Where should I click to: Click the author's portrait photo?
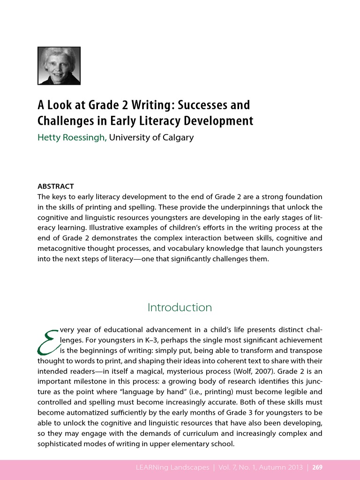pyautogui.click(x=59, y=66)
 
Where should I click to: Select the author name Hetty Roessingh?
pyautogui.click(x=72, y=138)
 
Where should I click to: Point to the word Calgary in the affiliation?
pyautogui.click(x=177, y=138)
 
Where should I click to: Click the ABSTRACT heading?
pyautogui.click(x=55, y=187)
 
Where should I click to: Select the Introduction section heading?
pyautogui.click(x=180, y=307)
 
